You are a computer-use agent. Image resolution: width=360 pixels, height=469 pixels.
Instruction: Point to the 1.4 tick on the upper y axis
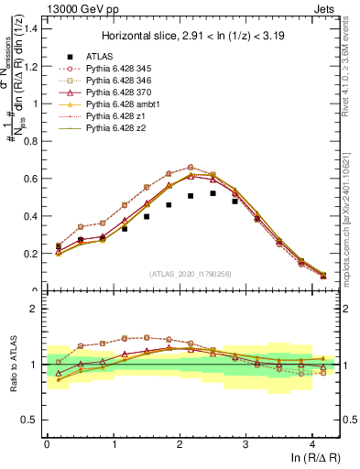[x=30, y=28]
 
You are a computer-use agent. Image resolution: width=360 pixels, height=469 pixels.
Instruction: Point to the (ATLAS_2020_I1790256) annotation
[x=191, y=274]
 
